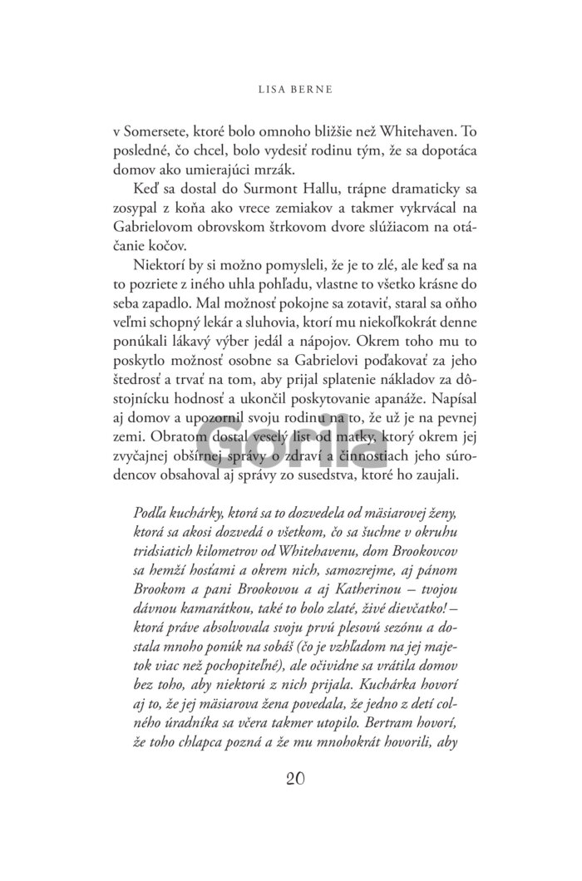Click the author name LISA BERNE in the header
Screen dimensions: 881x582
291,85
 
